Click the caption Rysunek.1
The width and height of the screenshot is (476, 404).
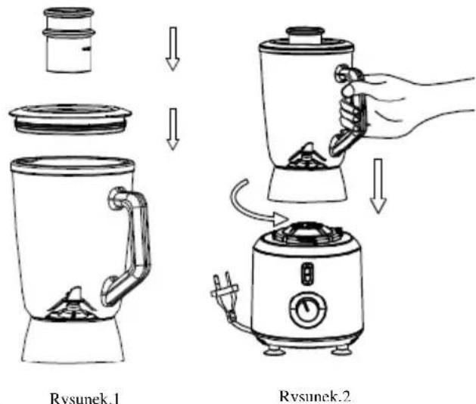tap(85, 398)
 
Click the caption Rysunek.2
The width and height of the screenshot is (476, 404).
tap(315, 396)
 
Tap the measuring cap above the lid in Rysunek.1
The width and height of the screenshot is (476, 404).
tap(69, 40)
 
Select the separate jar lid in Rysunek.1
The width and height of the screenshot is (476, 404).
tap(70, 119)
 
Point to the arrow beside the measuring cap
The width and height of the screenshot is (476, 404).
tap(173, 49)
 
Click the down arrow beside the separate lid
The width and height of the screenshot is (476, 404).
tap(173, 129)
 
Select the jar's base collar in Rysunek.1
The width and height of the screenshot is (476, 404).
tap(73, 340)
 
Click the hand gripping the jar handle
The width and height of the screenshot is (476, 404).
tap(394, 103)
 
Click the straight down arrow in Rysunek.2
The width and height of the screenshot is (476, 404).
tap(378, 186)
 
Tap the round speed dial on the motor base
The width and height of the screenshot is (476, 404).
tap(308, 309)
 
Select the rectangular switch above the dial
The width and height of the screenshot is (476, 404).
tap(307, 274)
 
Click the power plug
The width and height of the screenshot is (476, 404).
tap(225, 288)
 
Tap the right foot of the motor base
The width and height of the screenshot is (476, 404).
tap(341, 351)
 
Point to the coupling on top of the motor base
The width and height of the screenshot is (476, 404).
tap(306, 233)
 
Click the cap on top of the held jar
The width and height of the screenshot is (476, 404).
tap(305, 36)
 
